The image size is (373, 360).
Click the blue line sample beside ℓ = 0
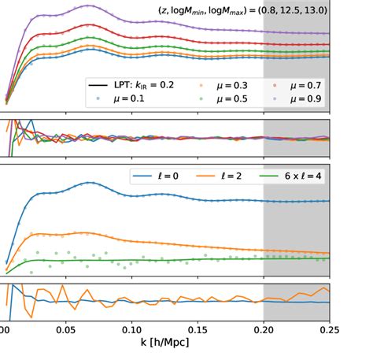(x=142, y=176)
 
